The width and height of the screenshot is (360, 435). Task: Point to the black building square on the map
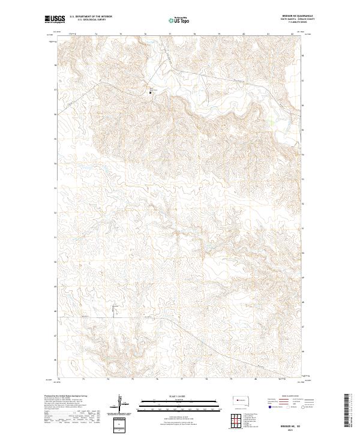(151, 92)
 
